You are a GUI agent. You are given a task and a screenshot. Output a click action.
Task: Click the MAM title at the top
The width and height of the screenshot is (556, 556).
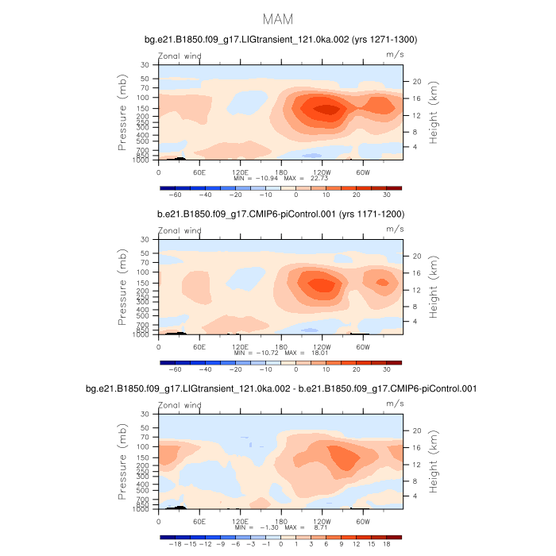tap(278, 19)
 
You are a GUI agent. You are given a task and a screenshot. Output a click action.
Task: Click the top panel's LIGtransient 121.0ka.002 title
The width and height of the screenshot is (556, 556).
tap(278, 39)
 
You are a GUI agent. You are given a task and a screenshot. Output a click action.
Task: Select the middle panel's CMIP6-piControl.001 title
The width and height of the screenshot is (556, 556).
tap(278, 214)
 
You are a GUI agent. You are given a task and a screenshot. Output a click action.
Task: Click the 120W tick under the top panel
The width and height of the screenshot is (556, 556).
tap(322, 171)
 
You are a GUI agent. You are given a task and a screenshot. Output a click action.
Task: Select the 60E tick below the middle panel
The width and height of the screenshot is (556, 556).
tap(199, 346)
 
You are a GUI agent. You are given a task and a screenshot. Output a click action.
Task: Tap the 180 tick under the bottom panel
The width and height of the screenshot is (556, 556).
tap(280, 520)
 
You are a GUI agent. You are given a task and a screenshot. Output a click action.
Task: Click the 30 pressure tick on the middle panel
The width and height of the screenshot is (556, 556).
tap(145, 240)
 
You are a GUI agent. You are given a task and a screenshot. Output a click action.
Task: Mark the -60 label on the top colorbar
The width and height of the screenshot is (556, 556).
tap(174, 194)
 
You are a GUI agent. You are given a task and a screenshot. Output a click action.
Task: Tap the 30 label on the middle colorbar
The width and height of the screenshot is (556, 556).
tap(387, 369)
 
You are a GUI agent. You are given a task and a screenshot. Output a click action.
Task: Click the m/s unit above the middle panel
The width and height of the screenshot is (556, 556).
tap(395, 230)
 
